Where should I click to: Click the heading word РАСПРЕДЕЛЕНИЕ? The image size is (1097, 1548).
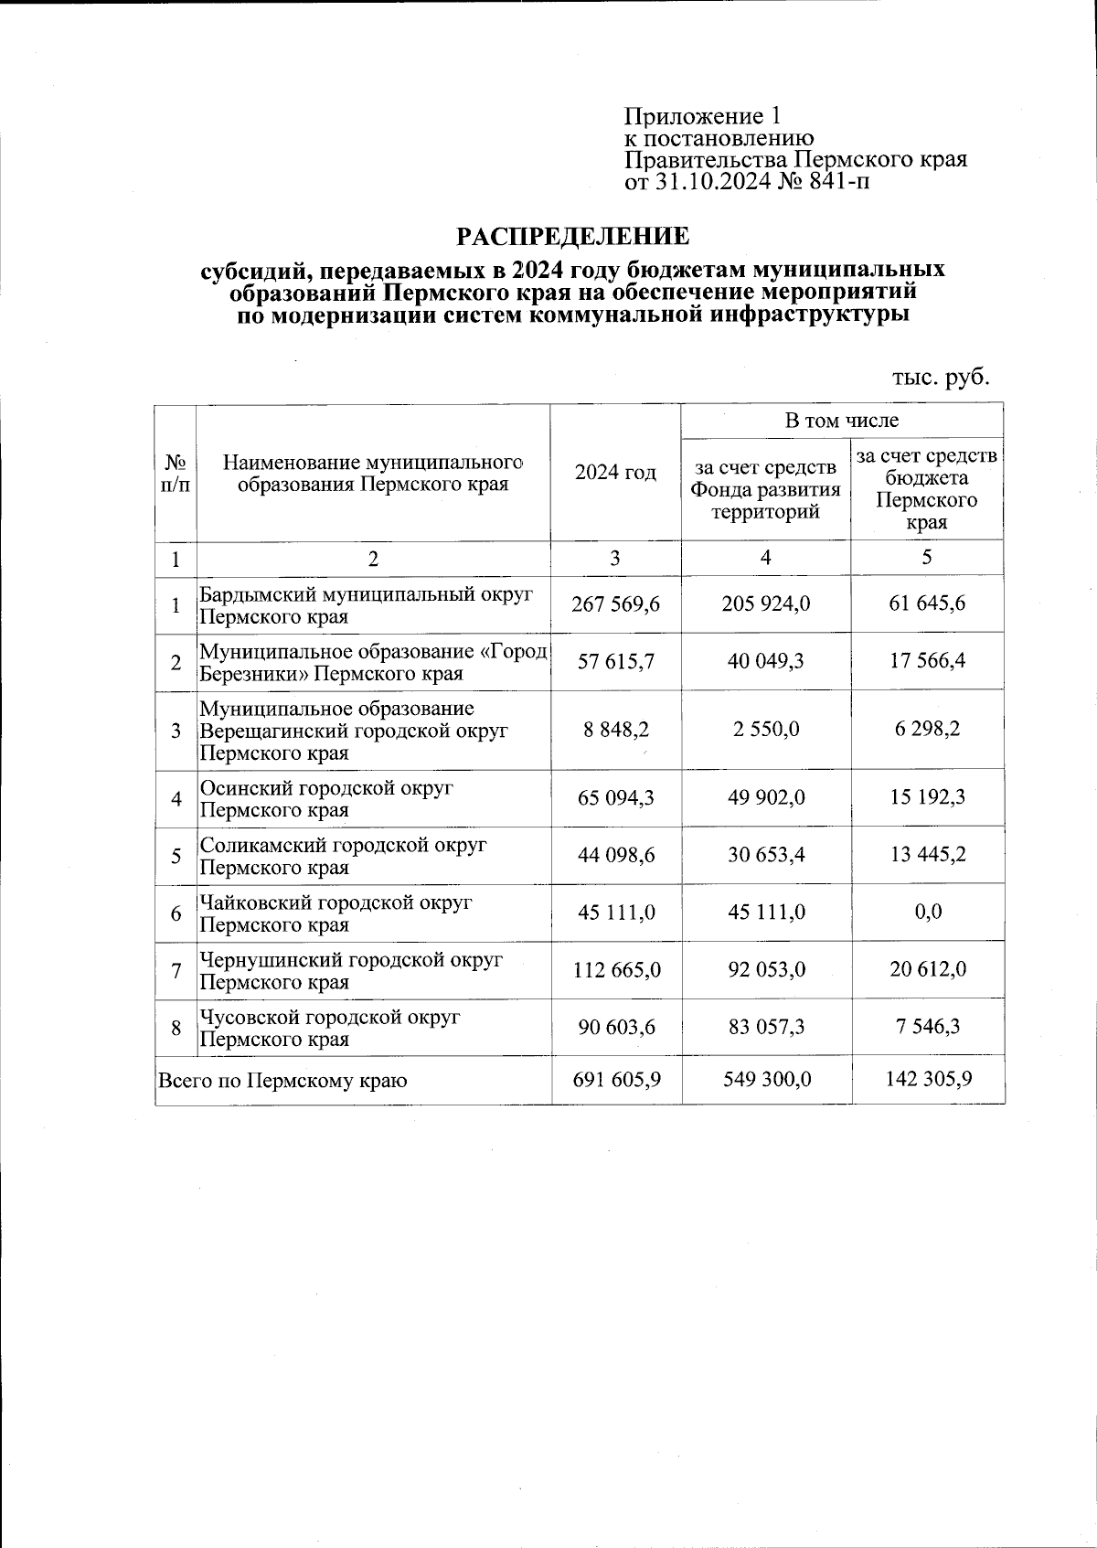tap(573, 238)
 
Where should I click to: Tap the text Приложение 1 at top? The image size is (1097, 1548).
tap(702, 116)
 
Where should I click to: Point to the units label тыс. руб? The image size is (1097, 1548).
tap(941, 377)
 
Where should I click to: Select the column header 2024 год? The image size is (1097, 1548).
tap(615, 473)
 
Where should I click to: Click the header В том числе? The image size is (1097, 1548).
tap(841, 421)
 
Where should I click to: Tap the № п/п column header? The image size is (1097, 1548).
tap(176, 473)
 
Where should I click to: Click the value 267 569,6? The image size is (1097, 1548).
tap(615, 604)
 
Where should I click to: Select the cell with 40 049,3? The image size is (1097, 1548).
tap(765, 661)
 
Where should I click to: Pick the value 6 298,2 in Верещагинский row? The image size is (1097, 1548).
tap(927, 730)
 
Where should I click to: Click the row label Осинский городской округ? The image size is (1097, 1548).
tap(326, 788)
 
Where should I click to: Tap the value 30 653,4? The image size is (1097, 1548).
tap(765, 855)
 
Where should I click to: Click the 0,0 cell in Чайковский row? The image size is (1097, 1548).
tap(927, 913)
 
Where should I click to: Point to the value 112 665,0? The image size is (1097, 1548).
tap(615, 970)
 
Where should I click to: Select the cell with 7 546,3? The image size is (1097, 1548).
tap(927, 1027)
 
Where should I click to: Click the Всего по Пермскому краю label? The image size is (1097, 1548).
tap(282, 1080)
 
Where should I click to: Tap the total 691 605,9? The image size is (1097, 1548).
tap(615, 1080)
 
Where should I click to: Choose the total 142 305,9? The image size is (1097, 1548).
tap(927, 1080)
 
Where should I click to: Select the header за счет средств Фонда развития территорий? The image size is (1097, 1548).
tap(765, 489)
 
